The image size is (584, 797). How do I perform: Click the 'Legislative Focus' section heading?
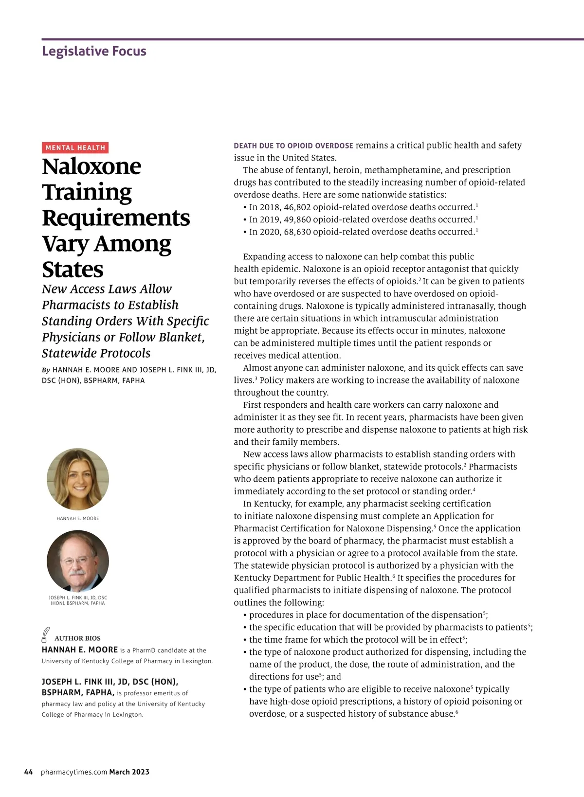point(94,51)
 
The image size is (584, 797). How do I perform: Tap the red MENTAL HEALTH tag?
point(75,148)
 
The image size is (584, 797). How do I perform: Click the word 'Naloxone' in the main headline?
point(91,166)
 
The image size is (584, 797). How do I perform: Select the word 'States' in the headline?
point(73,270)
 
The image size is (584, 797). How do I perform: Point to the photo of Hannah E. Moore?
point(78,479)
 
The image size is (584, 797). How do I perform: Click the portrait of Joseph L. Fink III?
point(78,561)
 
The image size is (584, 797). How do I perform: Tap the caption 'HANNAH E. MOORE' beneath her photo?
point(78,519)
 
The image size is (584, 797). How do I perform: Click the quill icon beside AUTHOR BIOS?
point(46,635)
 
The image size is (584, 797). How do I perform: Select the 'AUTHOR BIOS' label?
point(77,638)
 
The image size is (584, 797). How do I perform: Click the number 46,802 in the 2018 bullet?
point(297,207)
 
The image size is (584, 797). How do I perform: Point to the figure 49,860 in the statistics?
point(297,219)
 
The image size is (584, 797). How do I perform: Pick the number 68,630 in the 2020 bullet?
point(297,232)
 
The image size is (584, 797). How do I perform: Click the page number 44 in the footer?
point(29,772)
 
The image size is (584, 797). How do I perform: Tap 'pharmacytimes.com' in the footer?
point(74,772)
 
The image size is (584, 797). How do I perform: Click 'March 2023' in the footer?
point(129,772)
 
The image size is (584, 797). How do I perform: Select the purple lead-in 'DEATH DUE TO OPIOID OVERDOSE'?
point(293,146)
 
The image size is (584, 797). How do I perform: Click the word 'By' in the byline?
point(46,370)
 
